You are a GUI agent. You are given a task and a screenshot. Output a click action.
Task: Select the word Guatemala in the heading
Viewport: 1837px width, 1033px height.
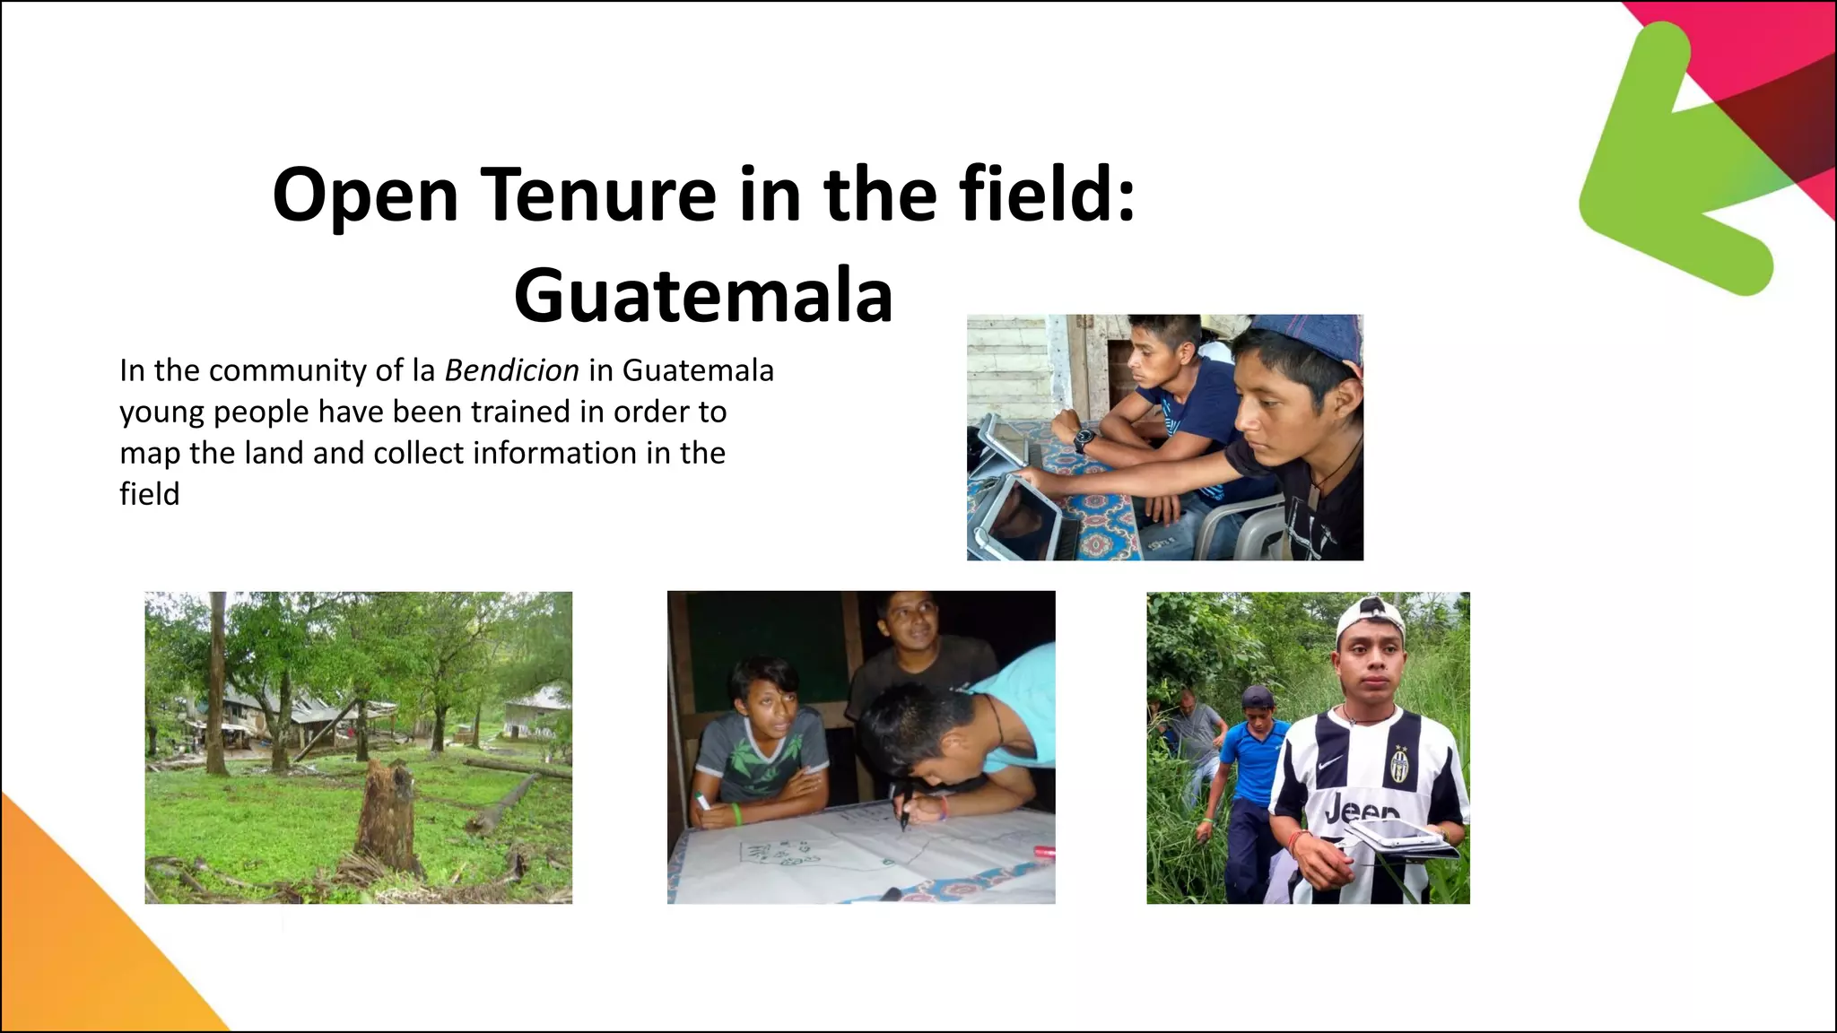coord(703,296)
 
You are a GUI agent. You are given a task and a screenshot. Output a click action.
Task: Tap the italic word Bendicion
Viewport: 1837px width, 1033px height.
coord(511,370)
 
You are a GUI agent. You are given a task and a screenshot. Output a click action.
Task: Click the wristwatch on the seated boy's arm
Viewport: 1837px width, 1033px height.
coord(1084,439)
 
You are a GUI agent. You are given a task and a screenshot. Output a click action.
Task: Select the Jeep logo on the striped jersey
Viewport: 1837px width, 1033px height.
coord(1361,812)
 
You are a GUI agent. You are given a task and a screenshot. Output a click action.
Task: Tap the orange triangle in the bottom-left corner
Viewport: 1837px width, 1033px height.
coord(81,942)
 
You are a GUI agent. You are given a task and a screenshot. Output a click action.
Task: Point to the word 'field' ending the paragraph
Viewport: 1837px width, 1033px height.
coord(150,494)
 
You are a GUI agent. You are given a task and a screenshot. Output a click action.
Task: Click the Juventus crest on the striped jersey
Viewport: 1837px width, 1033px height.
coord(1400,763)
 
